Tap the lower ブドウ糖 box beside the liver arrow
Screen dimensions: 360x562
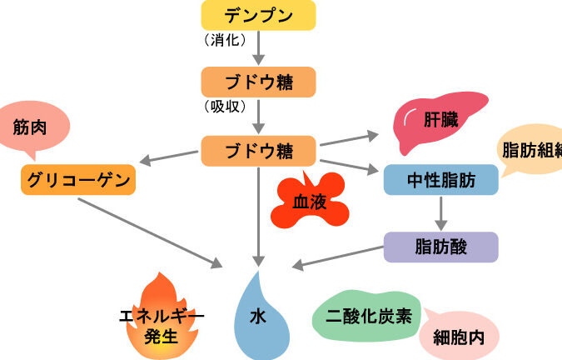point(258,152)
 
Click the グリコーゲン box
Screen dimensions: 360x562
point(77,179)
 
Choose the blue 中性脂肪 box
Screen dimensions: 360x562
point(440,179)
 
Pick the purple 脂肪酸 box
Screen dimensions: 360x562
point(440,247)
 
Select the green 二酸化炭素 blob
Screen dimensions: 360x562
point(366,317)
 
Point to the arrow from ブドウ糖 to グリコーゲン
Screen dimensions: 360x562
point(170,159)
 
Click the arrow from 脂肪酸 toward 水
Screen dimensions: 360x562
point(337,259)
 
